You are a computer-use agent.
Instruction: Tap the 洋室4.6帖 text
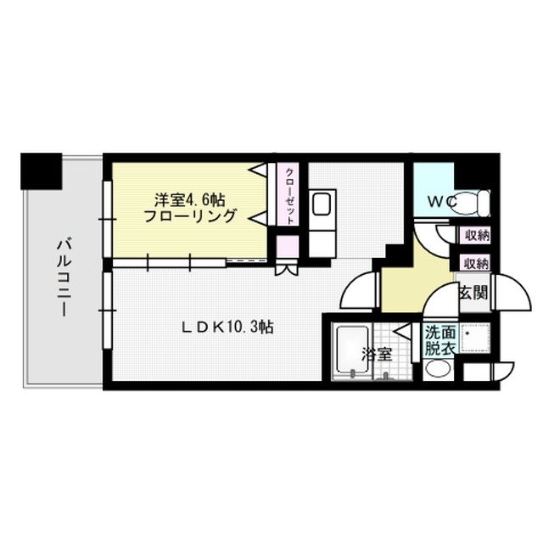[x=189, y=199]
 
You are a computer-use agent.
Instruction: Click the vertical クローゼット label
[x=289, y=194]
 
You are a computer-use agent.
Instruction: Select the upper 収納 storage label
[x=475, y=236]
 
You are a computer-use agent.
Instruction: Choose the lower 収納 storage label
[x=475, y=262]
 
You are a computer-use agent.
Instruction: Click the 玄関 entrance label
[x=473, y=294]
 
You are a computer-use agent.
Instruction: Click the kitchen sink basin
[x=322, y=205]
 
